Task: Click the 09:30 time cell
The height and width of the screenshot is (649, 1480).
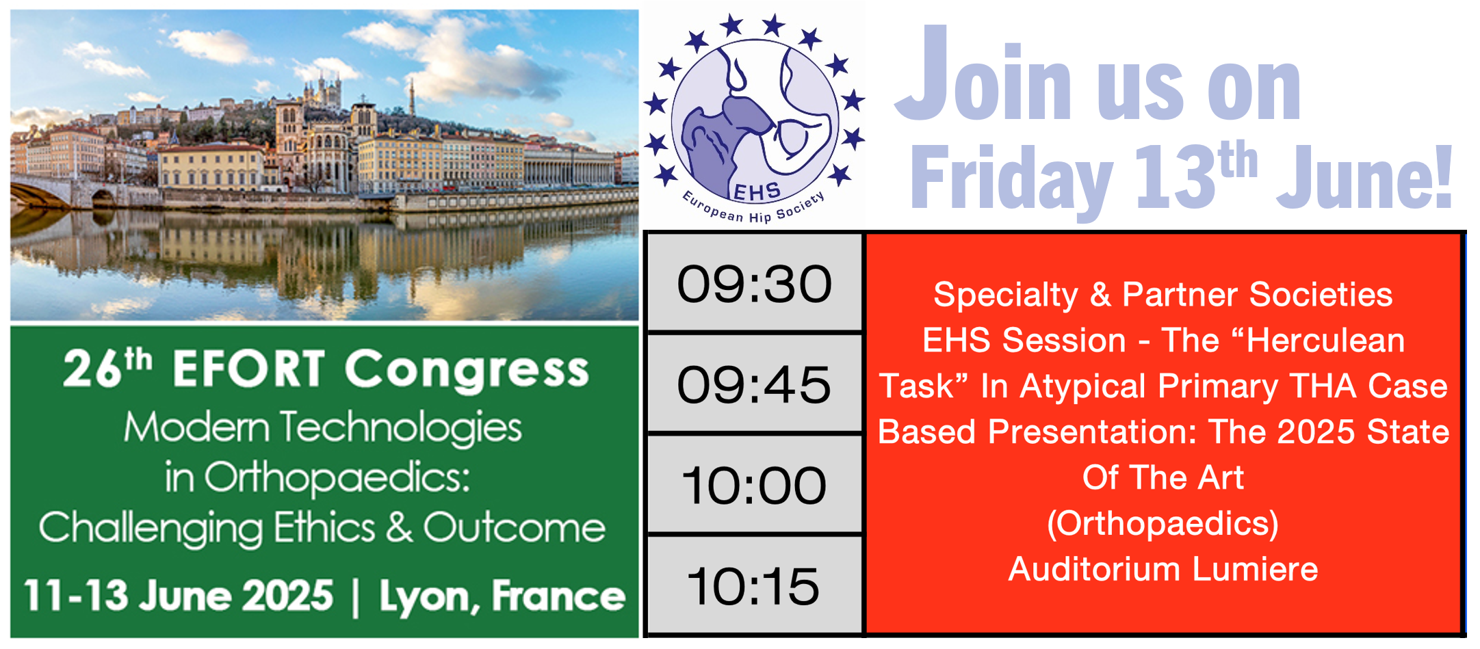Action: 754,283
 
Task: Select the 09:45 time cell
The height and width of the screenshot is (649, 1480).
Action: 754,384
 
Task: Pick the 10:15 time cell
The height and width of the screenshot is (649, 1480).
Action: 754,585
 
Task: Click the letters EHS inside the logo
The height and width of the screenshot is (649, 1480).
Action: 757,192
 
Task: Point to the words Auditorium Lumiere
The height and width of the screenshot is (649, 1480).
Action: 1163,569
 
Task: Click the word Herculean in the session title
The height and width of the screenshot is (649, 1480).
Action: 1325,341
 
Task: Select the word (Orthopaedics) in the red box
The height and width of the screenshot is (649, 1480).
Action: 1163,524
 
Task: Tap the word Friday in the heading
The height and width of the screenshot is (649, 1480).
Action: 1011,179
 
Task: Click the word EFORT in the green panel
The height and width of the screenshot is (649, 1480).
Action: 248,369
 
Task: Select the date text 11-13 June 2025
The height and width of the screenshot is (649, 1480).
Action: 179,595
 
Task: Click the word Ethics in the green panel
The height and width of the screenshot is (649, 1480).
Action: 325,528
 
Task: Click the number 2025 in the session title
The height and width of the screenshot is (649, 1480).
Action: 1316,432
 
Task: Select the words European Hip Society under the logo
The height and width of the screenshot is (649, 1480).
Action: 753,209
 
